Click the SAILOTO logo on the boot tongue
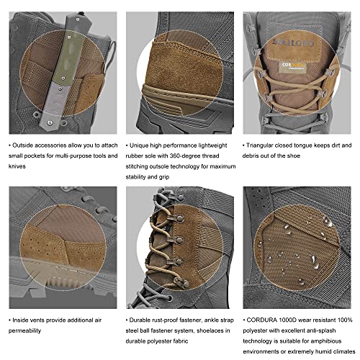[293, 42]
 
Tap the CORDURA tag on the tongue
[293, 67]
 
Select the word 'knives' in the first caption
[17, 166]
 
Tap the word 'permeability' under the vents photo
[24, 330]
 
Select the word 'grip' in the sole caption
[164, 177]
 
